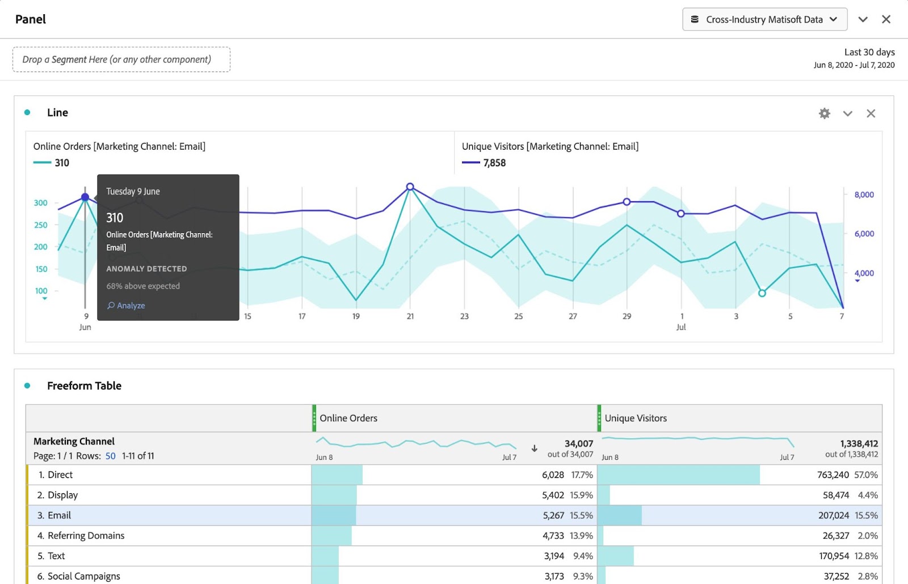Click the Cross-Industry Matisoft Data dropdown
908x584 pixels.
tap(764, 19)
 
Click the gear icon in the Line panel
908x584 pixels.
tap(825, 113)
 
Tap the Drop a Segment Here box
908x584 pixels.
tap(121, 60)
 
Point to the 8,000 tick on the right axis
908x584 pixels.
tap(864, 194)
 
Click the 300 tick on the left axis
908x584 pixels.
tap(41, 203)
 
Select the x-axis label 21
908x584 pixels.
tap(410, 316)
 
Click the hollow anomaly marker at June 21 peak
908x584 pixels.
tap(410, 187)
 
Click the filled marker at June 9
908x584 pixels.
tap(85, 197)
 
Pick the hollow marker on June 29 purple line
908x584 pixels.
tap(627, 202)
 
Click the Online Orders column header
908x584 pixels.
tap(348, 418)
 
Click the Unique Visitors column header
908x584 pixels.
tap(636, 418)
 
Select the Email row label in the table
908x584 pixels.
tap(59, 515)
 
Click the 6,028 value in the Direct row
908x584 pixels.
tap(553, 475)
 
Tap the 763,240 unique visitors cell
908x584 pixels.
tap(833, 475)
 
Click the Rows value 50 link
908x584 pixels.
tap(110, 456)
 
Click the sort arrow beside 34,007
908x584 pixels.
tap(534, 448)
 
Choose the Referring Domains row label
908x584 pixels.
tap(86, 536)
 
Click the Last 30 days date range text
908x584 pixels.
tap(869, 52)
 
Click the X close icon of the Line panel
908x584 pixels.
tap(871, 113)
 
